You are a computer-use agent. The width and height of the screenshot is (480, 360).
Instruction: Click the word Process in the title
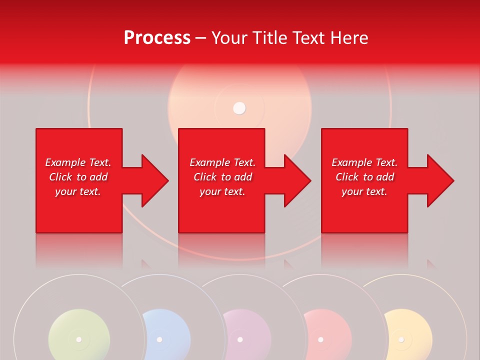click(157, 38)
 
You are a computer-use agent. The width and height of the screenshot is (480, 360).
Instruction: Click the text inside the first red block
click(78, 177)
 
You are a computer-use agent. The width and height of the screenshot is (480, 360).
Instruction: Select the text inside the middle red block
click(222, 177)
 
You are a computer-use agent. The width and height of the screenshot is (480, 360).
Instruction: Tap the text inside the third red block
click(364, 177)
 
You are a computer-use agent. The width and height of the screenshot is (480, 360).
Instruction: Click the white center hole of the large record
click(240, 108)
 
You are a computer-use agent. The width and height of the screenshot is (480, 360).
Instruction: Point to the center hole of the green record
click(78, 339)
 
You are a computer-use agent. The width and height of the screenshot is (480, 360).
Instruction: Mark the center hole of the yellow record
click(401, 339)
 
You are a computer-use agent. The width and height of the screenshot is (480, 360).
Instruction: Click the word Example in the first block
click(65, 162)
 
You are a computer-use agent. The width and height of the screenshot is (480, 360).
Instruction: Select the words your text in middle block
click(222, 191)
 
